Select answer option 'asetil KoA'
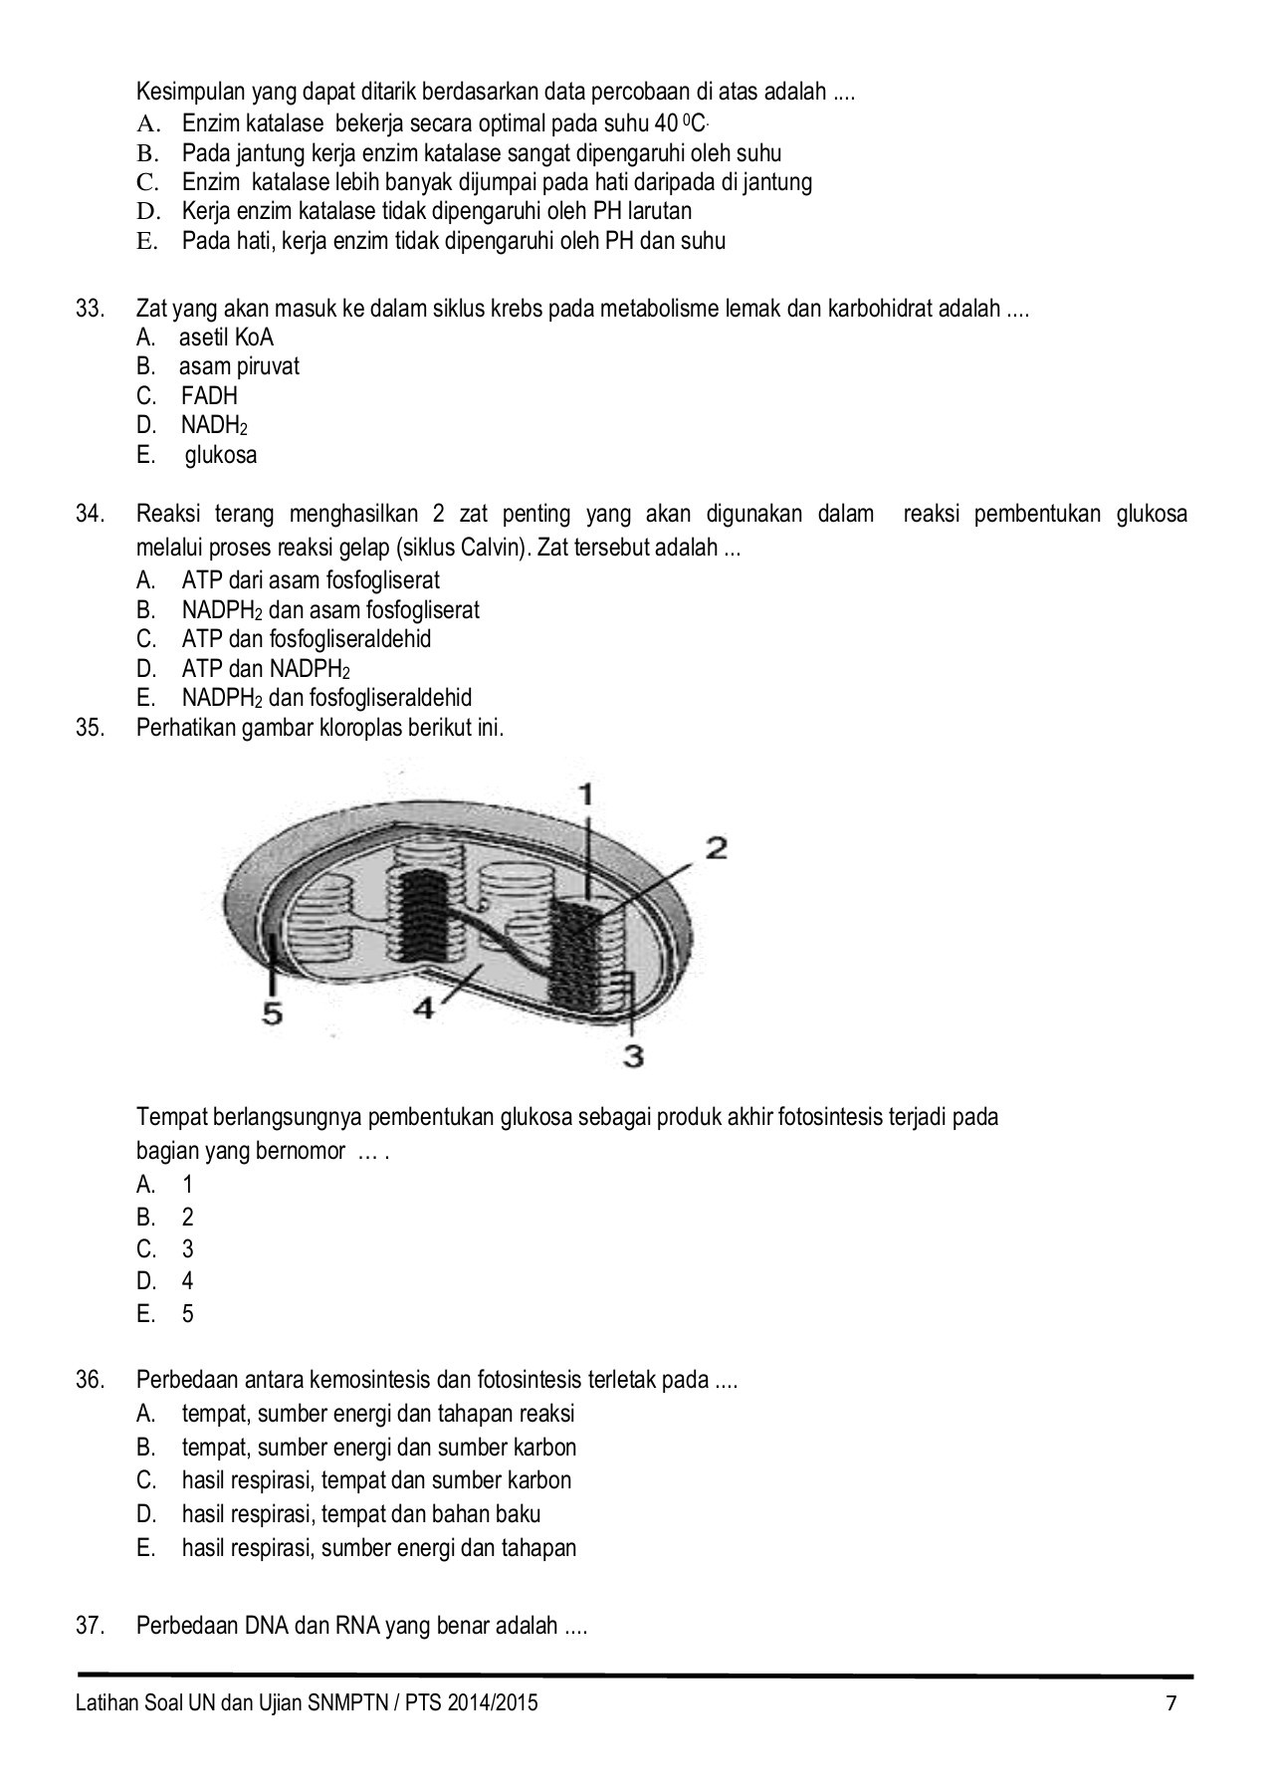226,337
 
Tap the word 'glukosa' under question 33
227,455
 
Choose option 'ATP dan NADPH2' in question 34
265,668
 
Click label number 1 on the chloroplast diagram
586,793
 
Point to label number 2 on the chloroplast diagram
717,848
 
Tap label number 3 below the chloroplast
633,1055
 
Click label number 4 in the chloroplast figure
423,1008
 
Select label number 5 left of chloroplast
272,1012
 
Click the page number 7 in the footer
1171,1702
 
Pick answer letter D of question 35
146,1281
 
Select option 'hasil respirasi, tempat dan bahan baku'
360,1514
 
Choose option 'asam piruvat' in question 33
239,366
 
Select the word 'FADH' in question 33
209,396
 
